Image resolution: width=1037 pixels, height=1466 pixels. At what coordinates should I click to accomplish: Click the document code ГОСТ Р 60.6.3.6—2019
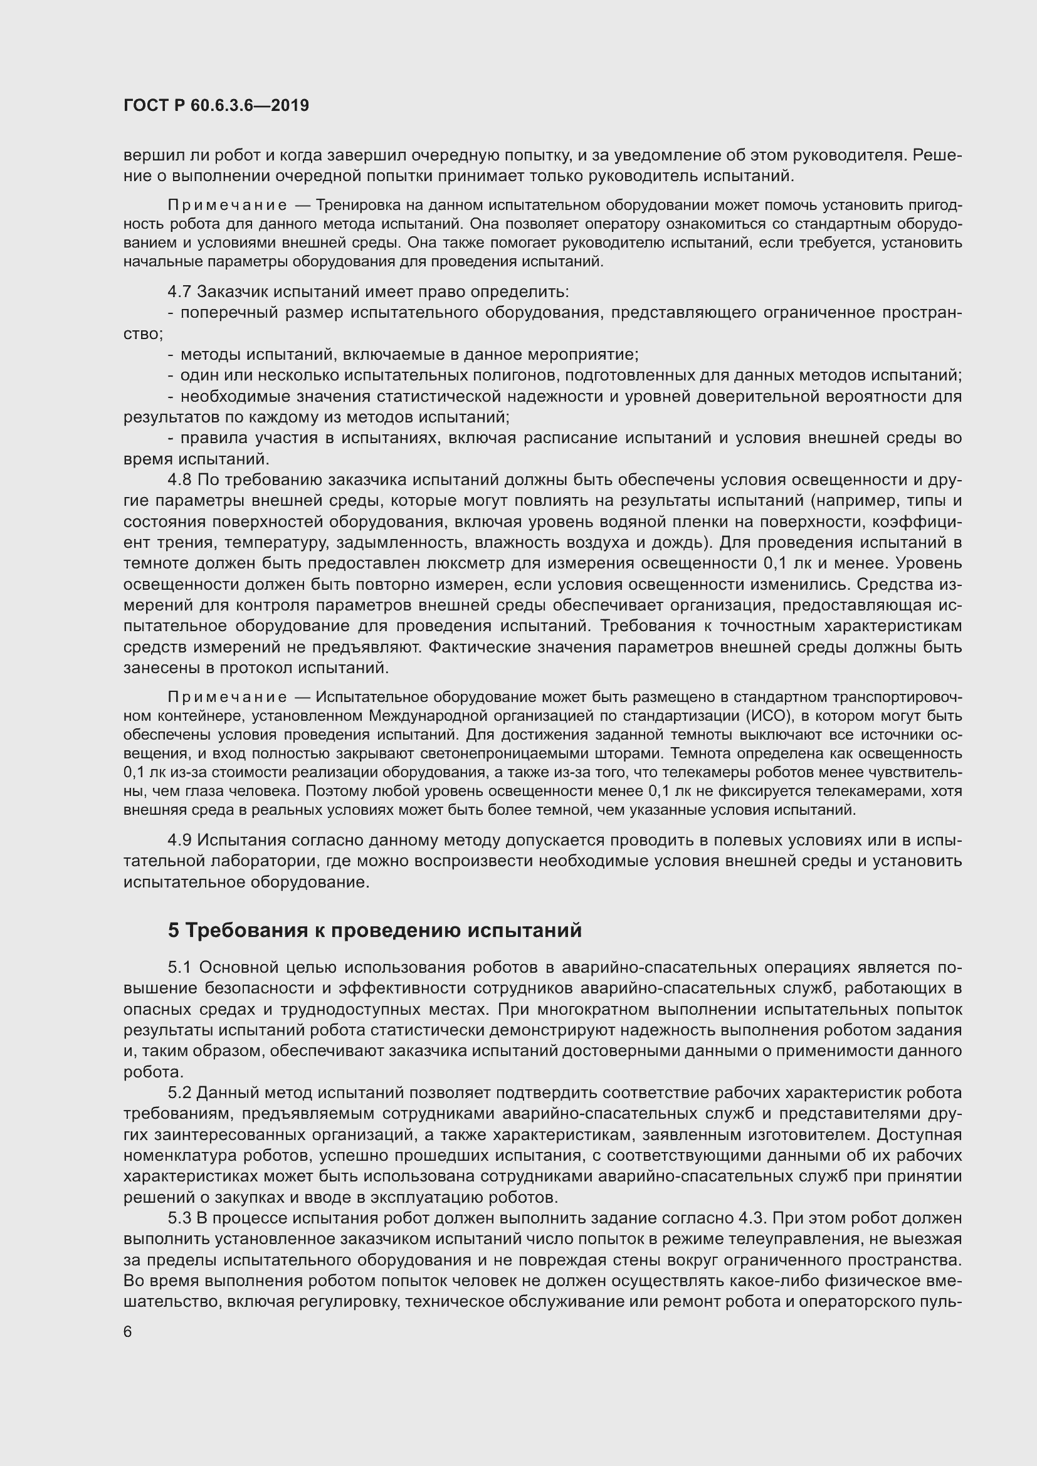coord(216,105)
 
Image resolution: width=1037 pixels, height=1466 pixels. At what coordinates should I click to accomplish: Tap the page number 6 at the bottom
coord(128,1332)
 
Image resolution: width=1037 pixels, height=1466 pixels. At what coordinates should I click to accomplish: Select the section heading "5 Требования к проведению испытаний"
coord(375,930)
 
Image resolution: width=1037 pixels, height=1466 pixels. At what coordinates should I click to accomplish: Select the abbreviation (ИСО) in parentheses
coord(766,716)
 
